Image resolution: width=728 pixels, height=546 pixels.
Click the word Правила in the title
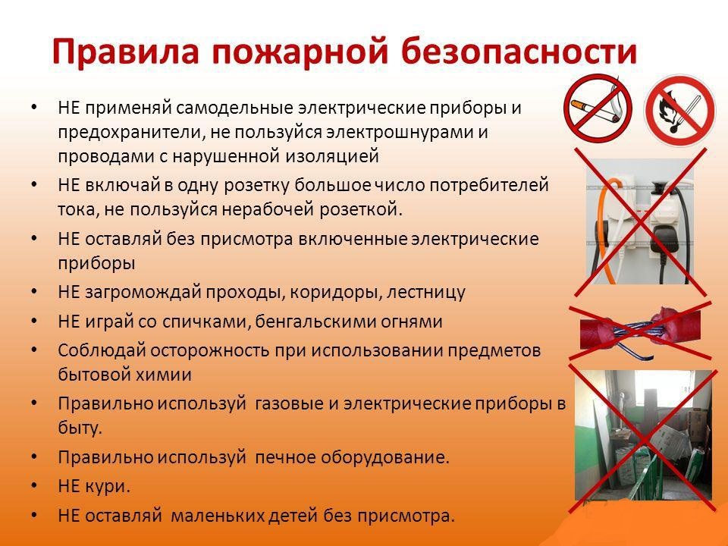125,52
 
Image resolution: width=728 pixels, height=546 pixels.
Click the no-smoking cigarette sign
598,108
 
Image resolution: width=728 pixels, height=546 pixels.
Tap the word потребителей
489,185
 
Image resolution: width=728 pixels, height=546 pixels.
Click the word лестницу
425,293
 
